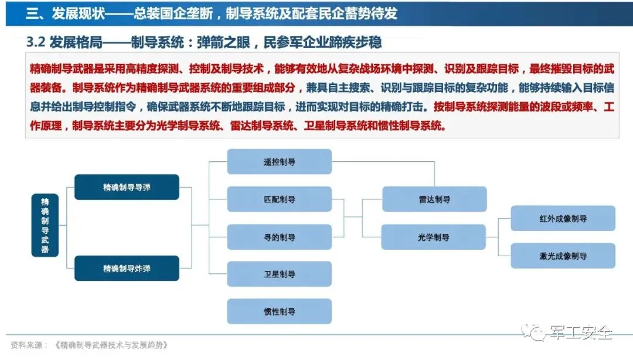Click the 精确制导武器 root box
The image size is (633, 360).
tap(45, 225)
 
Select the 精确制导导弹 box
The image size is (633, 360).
tap(127, 187)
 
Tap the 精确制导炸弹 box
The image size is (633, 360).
tap(127, 268)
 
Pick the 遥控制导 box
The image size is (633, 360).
tap(279, 162)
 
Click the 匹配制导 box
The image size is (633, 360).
tap(279, 199)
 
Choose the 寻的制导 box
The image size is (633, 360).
tap(279, 237)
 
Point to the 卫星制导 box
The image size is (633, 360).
tap(279, 274)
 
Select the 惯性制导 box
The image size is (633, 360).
tap(279, 311)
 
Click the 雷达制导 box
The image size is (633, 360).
tap(434, 199)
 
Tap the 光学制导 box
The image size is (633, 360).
tap(434, 237)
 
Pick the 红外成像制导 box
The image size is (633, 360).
tap(563, 218)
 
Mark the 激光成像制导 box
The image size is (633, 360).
tap(563, 256)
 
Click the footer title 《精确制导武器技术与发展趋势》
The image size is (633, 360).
tap(111, 345)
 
